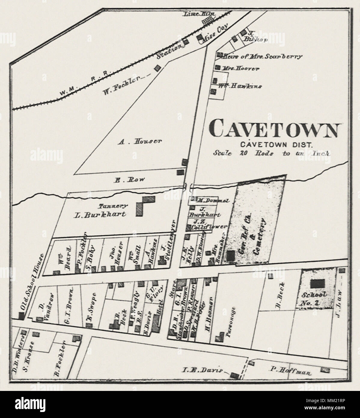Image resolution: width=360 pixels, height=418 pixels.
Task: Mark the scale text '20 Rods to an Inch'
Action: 271,153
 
